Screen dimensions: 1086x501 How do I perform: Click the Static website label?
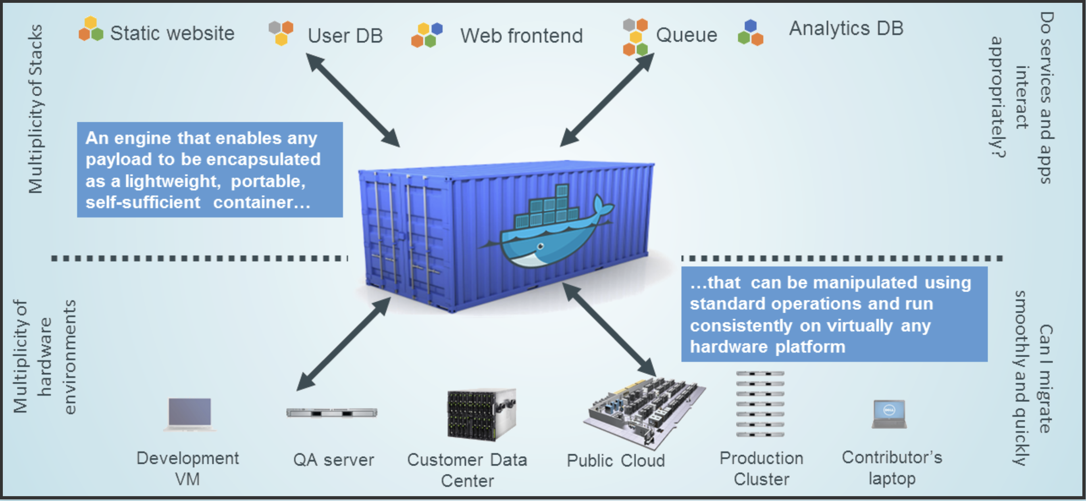[172, 33]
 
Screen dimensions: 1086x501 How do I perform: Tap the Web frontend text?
[522, 35]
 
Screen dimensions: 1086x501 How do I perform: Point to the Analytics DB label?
[846, 28]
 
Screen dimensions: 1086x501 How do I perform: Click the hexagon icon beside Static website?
[91, 29]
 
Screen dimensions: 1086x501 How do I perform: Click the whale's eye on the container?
[541, 246]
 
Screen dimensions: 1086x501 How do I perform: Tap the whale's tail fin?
[603, 206]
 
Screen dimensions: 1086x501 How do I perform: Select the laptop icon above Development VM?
[190, 414]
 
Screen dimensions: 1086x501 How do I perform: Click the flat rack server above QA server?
[332, 412]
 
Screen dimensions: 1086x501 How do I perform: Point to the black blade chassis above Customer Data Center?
[481, 414]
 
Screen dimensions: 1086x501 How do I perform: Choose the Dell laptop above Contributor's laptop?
[889, 414]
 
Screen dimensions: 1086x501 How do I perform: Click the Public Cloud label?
[616, 460]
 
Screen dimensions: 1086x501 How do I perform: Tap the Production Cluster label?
[761, 468]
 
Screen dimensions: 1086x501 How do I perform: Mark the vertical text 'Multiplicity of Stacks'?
[35, 109]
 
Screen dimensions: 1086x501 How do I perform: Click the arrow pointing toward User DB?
[353, 100]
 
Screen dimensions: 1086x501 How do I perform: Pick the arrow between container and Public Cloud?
[609, 329]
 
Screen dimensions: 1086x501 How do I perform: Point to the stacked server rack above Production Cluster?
[760, 403]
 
